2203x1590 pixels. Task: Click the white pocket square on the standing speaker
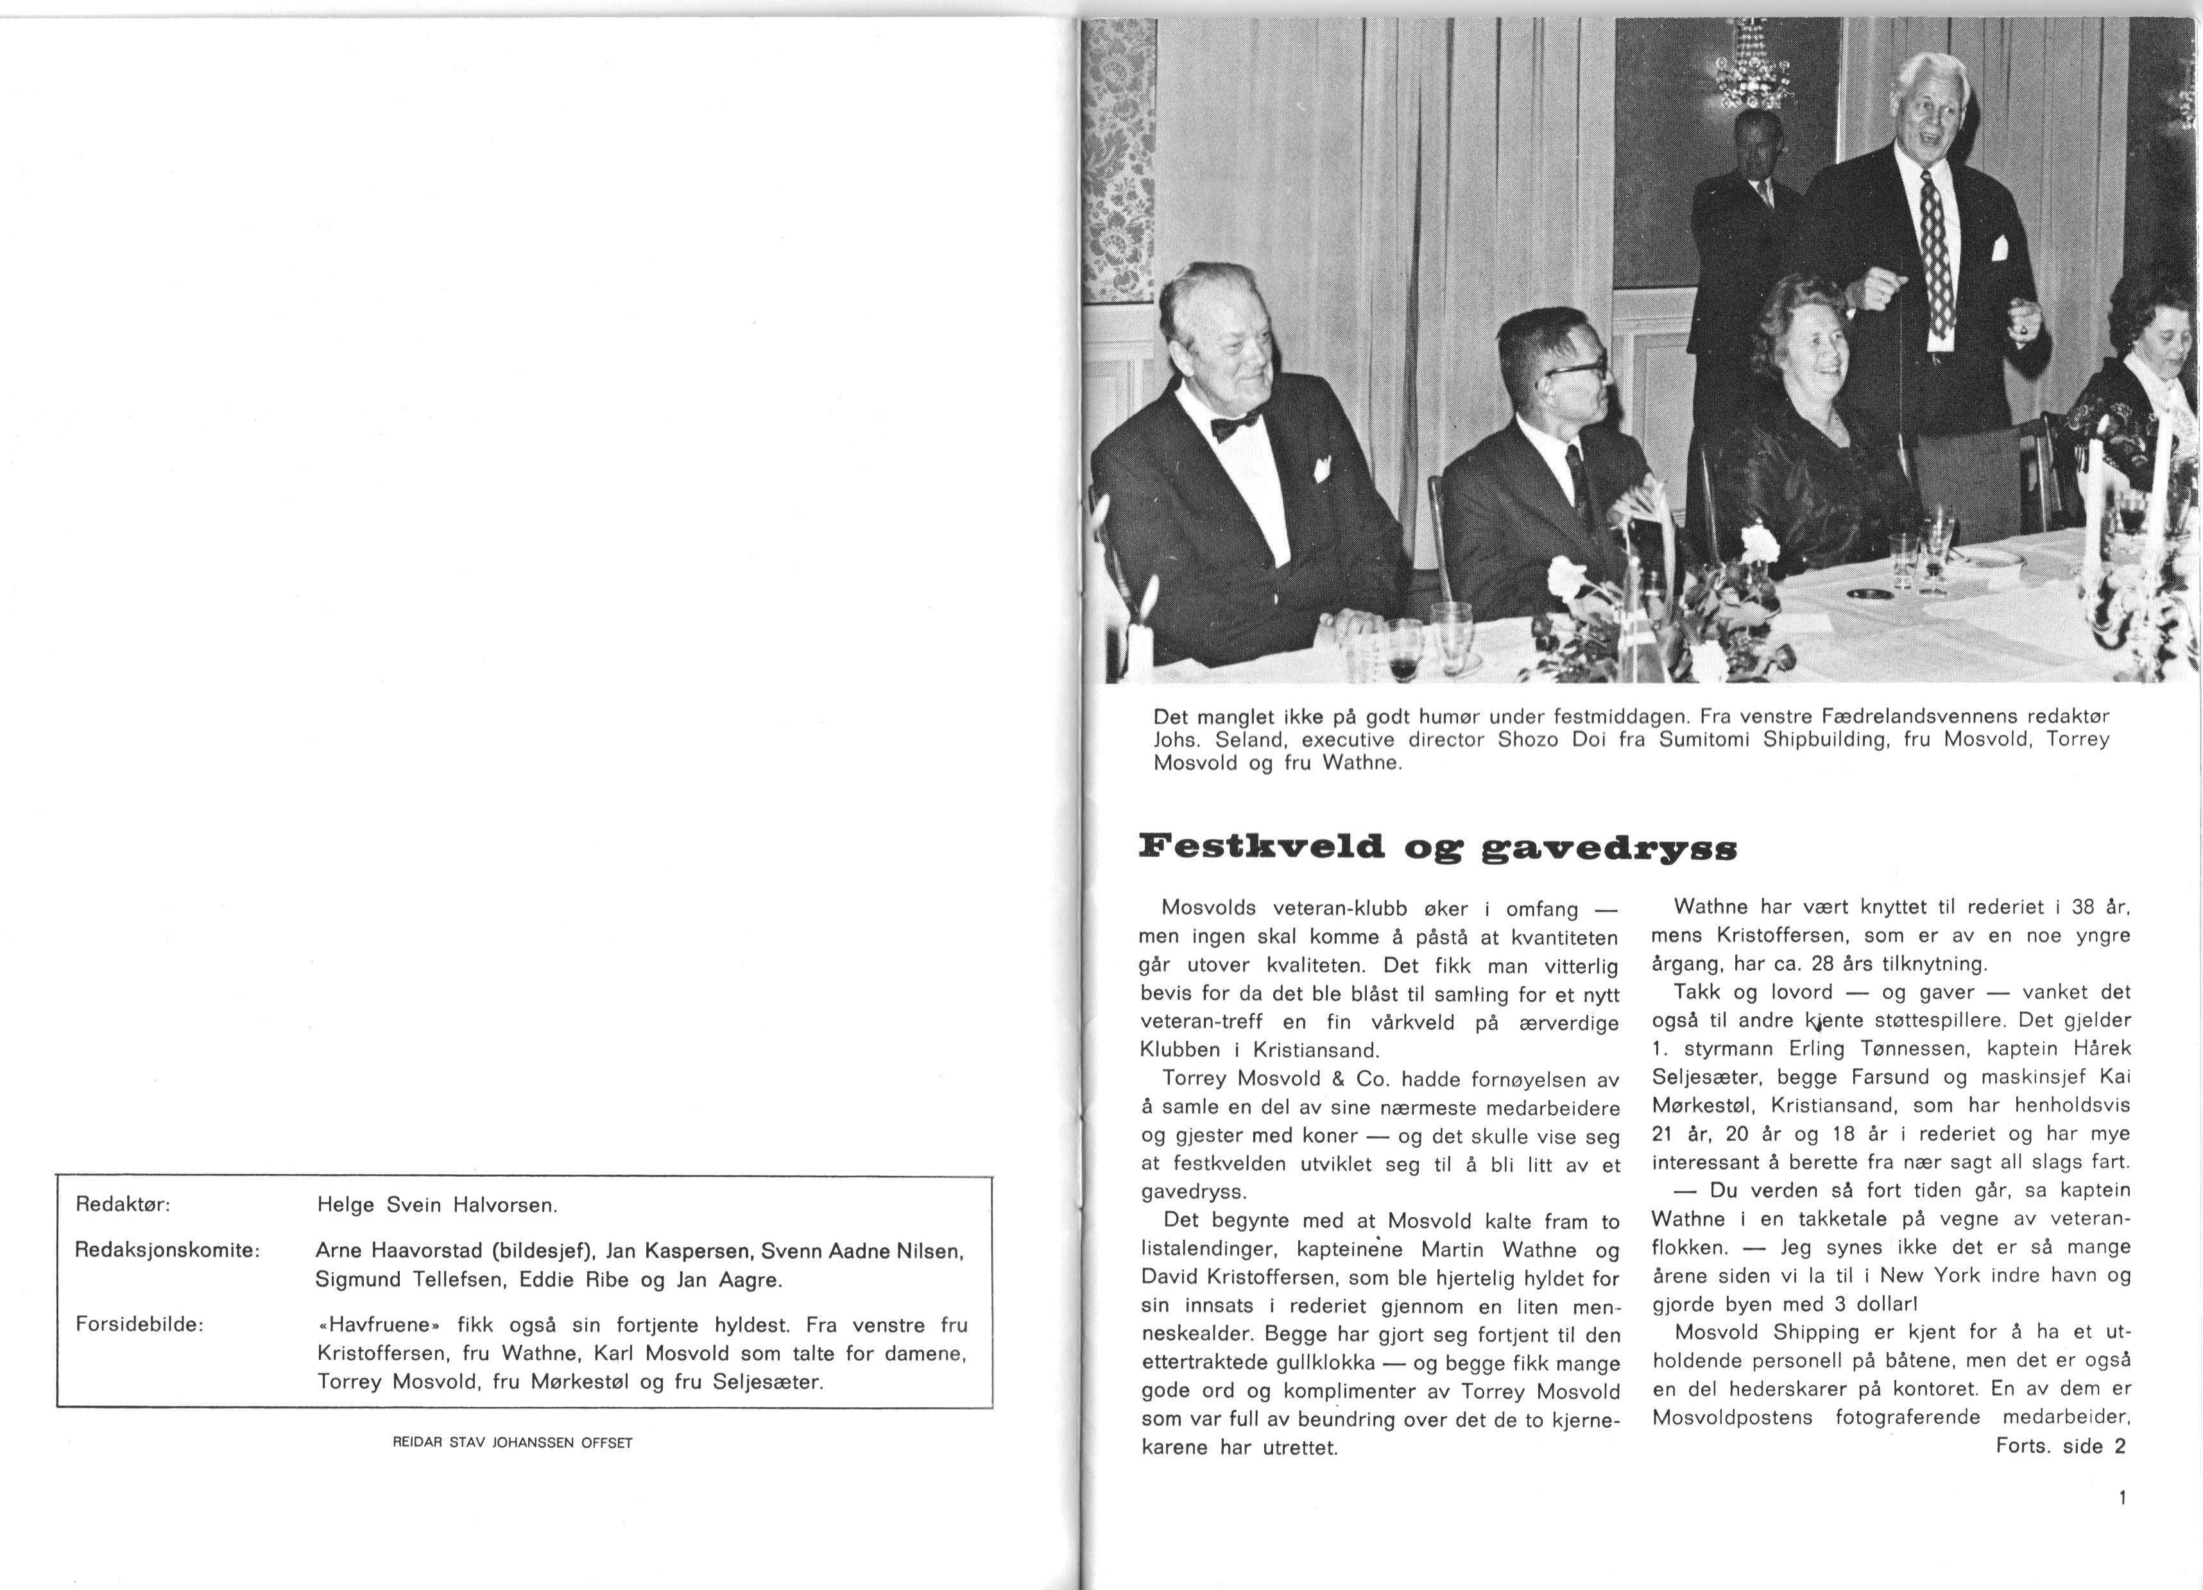[1999, 249]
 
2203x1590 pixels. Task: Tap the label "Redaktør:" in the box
[123, 1204]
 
